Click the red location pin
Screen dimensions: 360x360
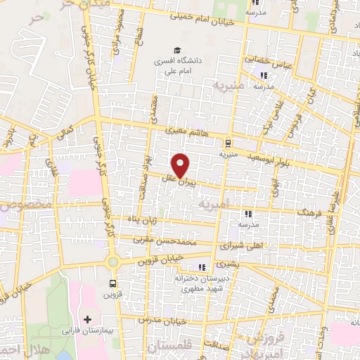(x=181, y=165)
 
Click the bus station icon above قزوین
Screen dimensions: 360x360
(x=112, y=284)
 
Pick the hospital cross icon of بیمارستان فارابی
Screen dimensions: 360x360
(x=87, y=321)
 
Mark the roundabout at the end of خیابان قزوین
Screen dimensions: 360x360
(x=112, y=262)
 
